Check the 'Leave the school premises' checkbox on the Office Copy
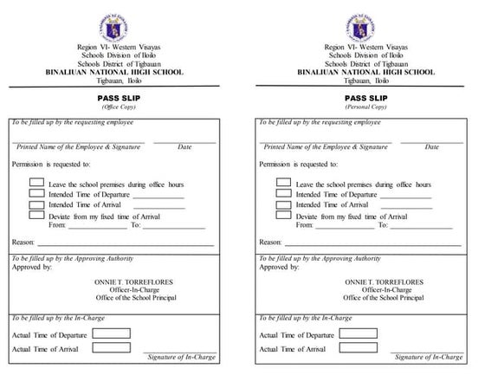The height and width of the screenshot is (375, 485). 36,183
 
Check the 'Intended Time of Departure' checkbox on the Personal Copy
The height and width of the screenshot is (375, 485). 283,194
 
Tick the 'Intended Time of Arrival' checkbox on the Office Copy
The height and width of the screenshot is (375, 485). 36,204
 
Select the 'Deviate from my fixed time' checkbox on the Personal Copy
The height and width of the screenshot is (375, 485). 283,215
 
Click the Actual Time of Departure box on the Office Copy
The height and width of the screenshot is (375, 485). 106,333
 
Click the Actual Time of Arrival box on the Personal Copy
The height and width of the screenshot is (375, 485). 352,347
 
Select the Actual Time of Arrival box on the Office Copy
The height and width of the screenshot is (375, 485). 106,347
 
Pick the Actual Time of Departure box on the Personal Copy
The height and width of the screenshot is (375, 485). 352,333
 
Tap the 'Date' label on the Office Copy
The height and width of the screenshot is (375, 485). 184,147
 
